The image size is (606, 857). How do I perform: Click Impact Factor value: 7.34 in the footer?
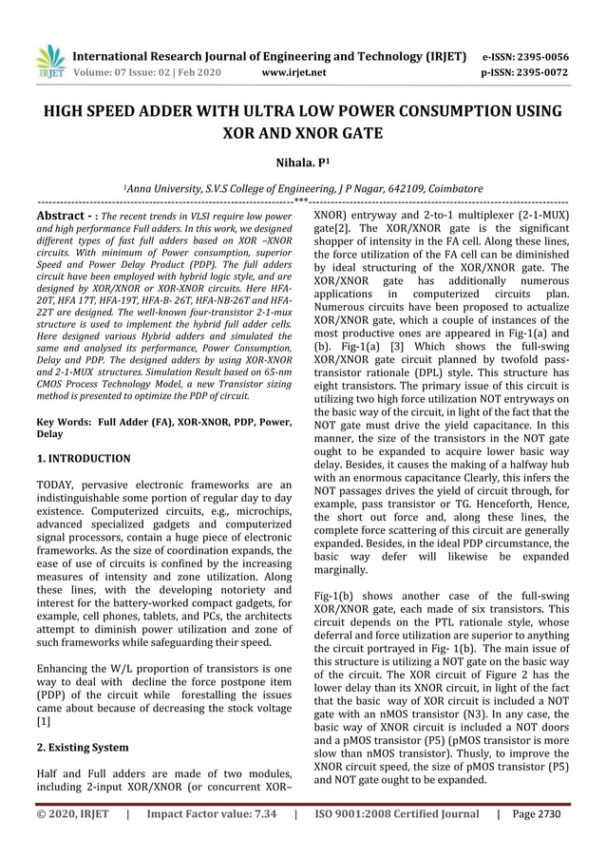pyautogui.click(x=211, y=814)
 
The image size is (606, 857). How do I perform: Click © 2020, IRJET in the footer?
pyautogui.click(x=72, y=814)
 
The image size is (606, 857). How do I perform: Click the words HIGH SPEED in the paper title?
pyautogui.click(x=85, y=112)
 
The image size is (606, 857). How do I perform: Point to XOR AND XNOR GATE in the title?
pyautogui.click(x=301, y=134)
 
